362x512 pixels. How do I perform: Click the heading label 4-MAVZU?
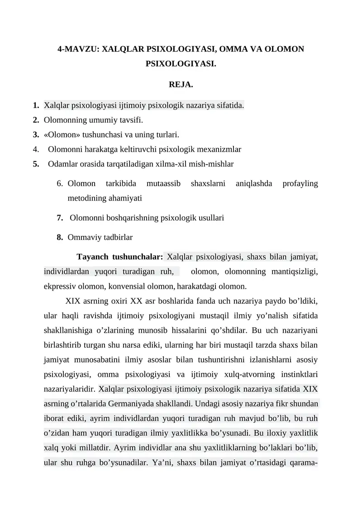79,49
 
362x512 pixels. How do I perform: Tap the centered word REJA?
181,85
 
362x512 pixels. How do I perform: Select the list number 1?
35,106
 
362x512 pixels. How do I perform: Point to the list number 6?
60,184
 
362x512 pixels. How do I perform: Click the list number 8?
60,237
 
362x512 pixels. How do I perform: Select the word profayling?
300,184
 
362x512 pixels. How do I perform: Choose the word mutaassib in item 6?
163,184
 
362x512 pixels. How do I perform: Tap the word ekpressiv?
60,286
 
